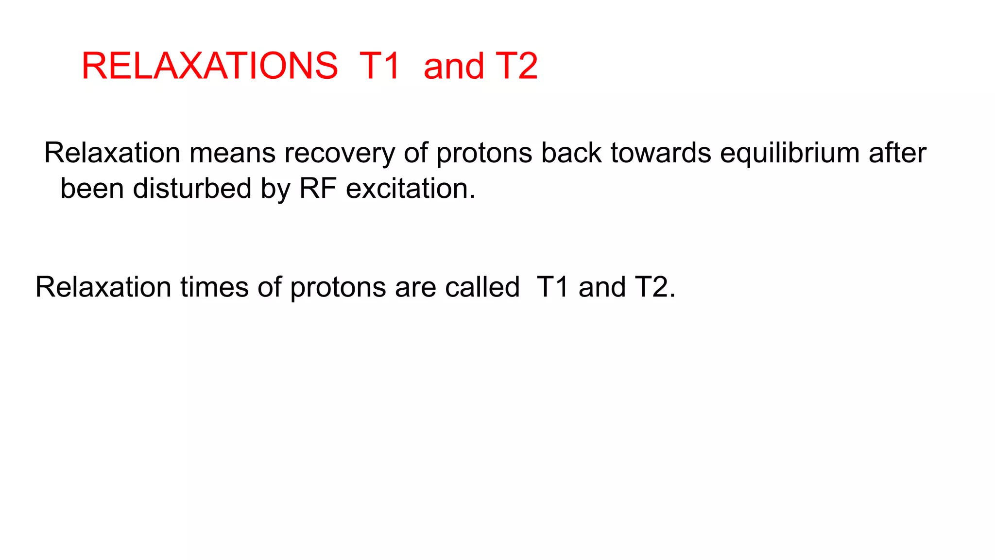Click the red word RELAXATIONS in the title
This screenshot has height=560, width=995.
tap(209, 66)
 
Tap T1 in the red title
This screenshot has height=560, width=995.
tap(379, 66)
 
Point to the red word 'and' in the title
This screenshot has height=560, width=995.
tap(454, 66)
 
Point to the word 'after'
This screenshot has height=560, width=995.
tap(897, 153)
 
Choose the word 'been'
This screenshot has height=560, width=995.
tap(92, 189)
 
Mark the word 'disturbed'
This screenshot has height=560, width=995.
tap(192, 189)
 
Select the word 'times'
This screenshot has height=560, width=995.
tap(214, 287)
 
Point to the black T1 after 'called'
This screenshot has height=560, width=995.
tap(553, 287)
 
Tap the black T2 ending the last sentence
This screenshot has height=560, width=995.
tap(652, 287)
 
